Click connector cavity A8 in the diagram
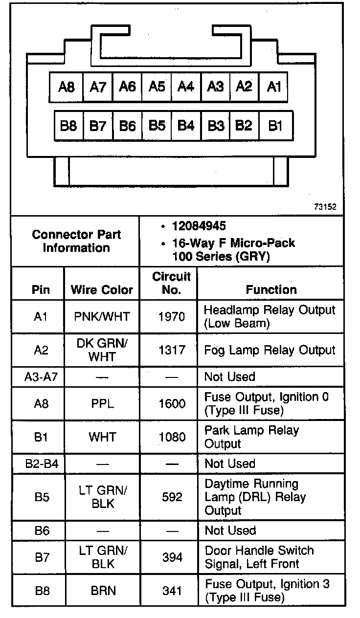[67, 87]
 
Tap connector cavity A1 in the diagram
[274, 87]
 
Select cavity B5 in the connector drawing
[157, 126]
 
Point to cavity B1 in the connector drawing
[275, 126]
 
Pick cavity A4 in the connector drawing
[186, 87]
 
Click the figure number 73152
[325, 207]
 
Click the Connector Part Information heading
[76, 241]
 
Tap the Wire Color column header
[102, 289]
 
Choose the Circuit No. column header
[171, 283]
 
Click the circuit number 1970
[172, 317]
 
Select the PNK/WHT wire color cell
[102, 317]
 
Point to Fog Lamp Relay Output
[270, 350]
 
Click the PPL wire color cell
[102, 404]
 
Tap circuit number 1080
[172, 437]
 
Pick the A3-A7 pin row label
[41, 376]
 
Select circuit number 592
[172, 497]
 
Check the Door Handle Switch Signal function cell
[259, 557]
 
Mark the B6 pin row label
[42, 530]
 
